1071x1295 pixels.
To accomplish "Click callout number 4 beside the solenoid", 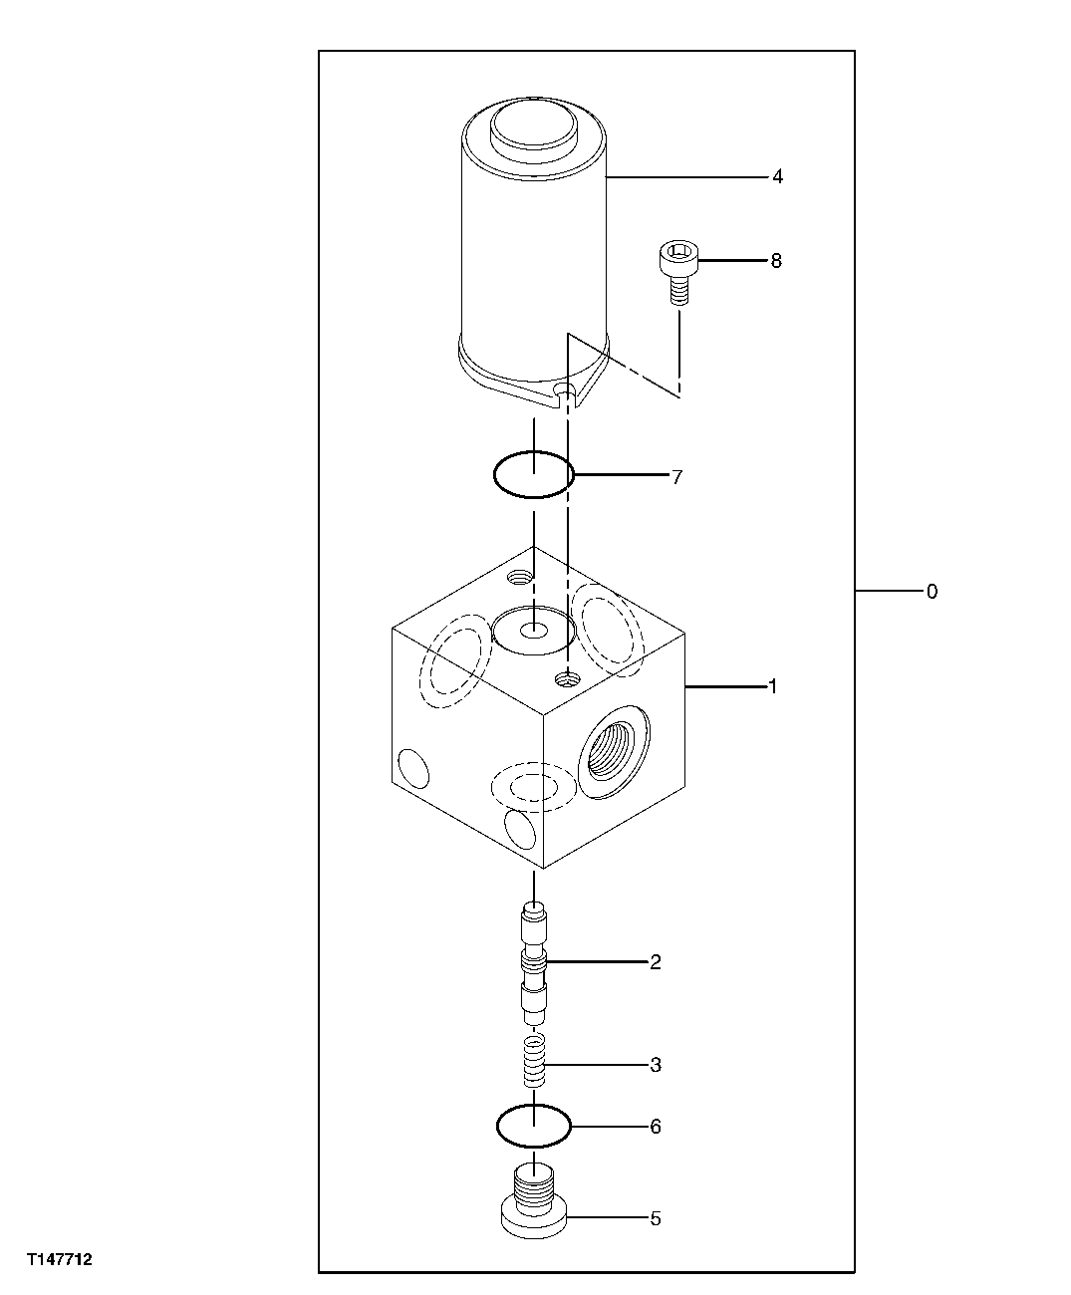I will pos(777,177).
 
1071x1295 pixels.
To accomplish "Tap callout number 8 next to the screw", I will pos(776,261).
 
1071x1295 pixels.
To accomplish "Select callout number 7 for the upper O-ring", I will pos(676,477).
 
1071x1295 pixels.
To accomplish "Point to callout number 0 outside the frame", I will pos(932,592).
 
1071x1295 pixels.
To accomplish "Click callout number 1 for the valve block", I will pos(771,686).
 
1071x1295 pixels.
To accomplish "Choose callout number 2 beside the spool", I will pos(656,962).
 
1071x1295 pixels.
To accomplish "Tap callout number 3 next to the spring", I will pos(656,1065).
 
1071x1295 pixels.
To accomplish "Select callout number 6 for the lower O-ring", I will pos(656,1127).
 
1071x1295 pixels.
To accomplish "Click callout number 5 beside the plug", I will pos(656,1218).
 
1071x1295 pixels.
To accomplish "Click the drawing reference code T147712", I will pos(60,1260).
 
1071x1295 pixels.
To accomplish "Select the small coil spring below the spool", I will pos(535,1062).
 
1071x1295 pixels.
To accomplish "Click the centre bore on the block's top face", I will pos(534,631).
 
